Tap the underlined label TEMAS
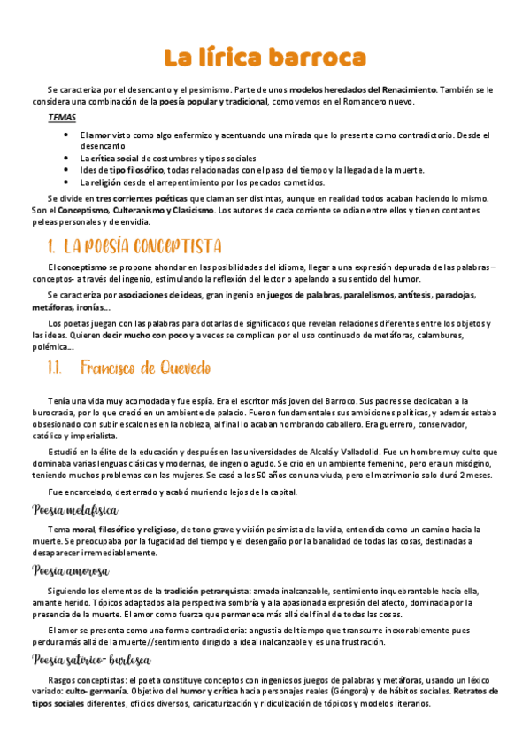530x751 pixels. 62,118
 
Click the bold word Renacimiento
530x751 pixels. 406,89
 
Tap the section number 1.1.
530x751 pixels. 55,367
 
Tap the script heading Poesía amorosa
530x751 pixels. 70,571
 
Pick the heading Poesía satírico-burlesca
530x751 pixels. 92,659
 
